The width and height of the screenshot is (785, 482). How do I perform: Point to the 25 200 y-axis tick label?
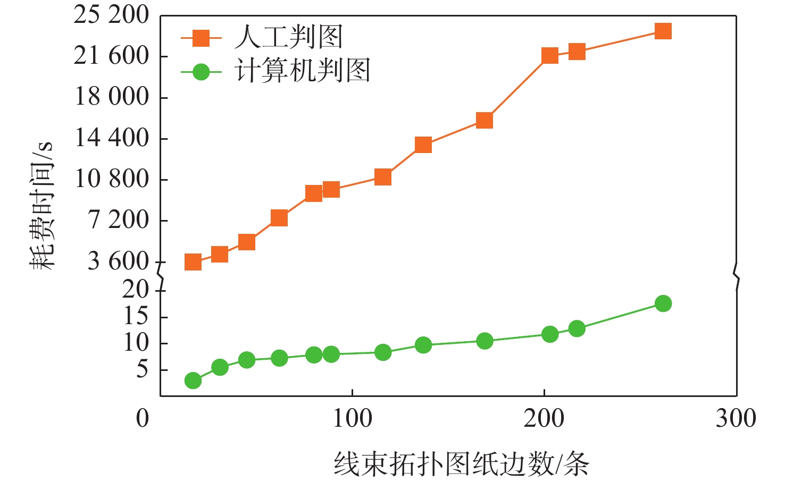pos(111,15)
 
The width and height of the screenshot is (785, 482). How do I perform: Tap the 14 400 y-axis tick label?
pos(112,138)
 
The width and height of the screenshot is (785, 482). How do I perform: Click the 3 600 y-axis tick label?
pos(118,261)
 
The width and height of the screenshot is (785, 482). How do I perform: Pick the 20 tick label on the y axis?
pos(136,290)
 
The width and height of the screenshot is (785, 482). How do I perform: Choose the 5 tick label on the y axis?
pos(142,369)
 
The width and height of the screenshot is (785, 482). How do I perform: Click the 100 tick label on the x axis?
pos(352,419)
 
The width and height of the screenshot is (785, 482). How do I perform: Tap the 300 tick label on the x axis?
pos(736,419)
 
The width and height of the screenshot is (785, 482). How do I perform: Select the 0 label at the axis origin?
pos(143,419)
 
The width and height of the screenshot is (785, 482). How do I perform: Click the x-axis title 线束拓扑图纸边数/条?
pos(462,464)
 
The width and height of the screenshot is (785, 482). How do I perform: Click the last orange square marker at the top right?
pos(663,31)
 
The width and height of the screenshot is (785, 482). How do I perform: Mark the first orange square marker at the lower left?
pos(193,262)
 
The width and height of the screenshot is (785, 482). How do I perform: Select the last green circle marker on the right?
pos(663,303)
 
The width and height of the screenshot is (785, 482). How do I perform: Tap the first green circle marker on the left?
pos(193,380)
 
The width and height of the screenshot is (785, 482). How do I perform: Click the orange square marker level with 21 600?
pos(550,56)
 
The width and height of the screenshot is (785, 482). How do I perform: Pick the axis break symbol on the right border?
pos(737,276)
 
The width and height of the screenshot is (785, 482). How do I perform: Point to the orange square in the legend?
pos(201,38)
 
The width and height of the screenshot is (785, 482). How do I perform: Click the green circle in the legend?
pos(201,71)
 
